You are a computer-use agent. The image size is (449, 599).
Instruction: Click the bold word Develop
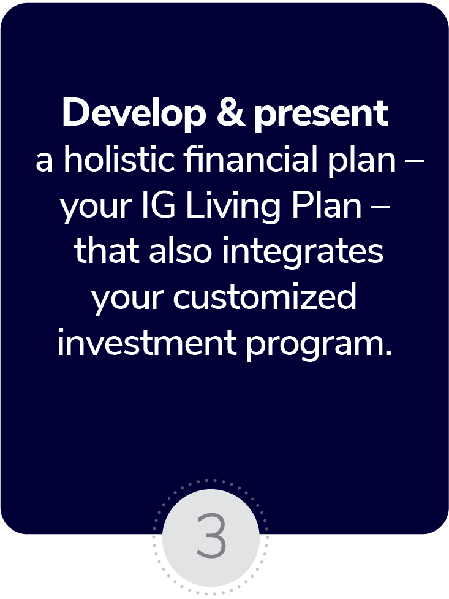(x=134, y=113)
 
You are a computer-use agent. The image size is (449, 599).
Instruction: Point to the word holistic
(x=119, y=159)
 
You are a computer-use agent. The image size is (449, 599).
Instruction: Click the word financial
(x=251, y=159)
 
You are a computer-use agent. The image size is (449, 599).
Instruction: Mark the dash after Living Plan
(x=380, y=208)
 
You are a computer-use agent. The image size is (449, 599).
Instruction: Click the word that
(x=107, y=251)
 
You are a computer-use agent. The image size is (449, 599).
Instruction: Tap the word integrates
(x=303, y=253)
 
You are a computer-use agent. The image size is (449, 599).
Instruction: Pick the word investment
(x=146, y=343)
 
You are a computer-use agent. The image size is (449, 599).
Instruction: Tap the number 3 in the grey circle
(x=211, y=536)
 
